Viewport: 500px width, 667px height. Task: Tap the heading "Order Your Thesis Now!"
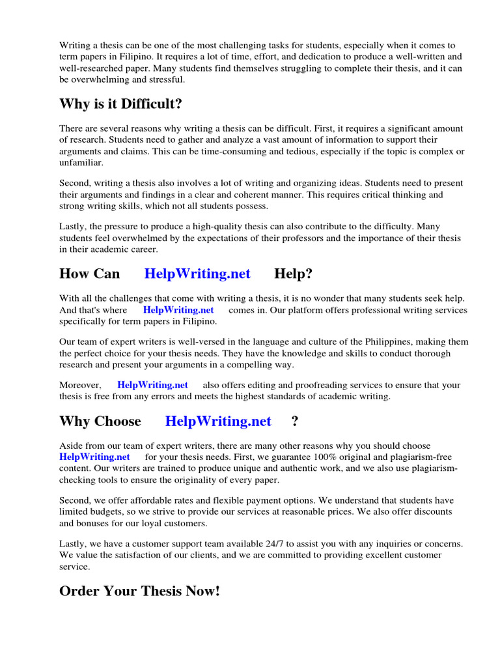140,591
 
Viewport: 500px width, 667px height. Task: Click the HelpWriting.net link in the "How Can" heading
197,274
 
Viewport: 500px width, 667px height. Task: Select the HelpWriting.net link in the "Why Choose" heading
218,421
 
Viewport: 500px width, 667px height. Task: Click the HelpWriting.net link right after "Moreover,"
152,385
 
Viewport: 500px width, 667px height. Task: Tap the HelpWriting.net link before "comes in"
178,310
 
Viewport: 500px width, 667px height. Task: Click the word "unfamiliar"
81,163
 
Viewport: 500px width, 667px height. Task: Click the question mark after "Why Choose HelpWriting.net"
295,421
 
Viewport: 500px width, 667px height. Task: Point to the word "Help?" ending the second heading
293,274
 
